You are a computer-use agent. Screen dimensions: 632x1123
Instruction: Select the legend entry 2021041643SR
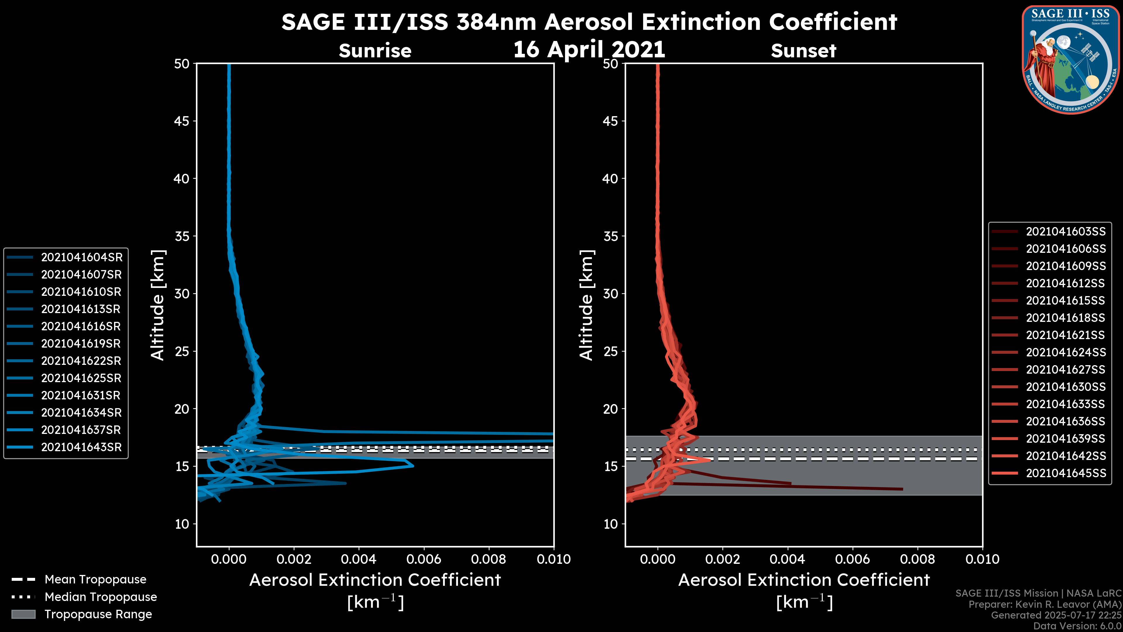pyautogui.click(x=81, y=447)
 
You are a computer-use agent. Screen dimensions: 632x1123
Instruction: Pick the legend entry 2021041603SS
pyautogui.click(x=1065, y=232)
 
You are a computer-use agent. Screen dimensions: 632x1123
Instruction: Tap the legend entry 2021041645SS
pyautogui.click(x=1065, y=473)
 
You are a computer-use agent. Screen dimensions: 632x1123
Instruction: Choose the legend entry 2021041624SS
pyautogui.click(x=1065, y=352)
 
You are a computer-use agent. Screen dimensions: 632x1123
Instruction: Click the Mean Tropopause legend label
pyautogui.click(x=95, y=579)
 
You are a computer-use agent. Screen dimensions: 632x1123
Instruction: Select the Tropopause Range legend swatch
pyautogui.click(x=23, y=614)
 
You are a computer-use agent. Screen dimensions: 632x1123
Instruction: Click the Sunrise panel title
pyautogui.click(x=375, y=51)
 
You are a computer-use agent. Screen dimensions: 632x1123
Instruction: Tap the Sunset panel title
pyautogui.click(x=803, y=51)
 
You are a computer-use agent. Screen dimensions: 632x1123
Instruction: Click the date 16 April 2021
pyautogui.click(x=589, y=49)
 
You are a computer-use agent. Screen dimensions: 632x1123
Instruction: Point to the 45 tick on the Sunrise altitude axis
pyautogui.click(x=181, y=121)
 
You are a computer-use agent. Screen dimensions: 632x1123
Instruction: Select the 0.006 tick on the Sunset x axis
pyautogui.click(x=852, y=559)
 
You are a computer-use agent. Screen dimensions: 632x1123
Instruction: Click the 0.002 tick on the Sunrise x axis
pyautogui.click(x=294, y=559)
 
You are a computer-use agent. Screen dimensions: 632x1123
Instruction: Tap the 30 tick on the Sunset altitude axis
pyautogui.click(x=610, y=293)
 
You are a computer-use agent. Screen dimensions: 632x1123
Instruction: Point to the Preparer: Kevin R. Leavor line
pyautogui.click(x=1045, y=604)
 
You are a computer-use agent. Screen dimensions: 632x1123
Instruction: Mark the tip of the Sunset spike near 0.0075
pyautogui.click(x=902, y=489)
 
